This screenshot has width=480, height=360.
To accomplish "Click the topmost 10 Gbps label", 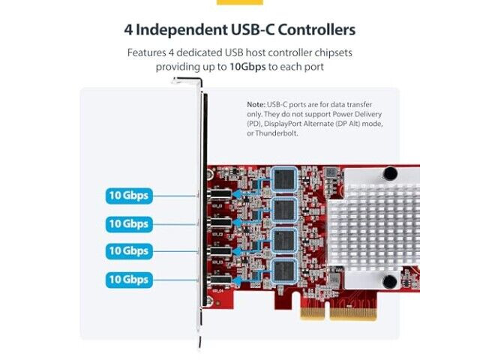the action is (x=129, y=196).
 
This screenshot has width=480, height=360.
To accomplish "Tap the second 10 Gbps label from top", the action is (x=129, y=224).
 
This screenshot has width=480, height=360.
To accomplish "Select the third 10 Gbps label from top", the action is (x=129, y=251).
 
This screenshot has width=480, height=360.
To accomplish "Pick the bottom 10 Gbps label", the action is (x=129, y=280).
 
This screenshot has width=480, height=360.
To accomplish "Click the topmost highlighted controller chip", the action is (x=284, y=180).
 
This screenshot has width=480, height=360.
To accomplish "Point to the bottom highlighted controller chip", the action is (x=284, y=271).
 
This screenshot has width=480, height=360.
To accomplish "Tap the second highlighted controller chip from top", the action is (x=284, y=210).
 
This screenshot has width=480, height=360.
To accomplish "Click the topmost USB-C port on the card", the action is (x=220, y=194).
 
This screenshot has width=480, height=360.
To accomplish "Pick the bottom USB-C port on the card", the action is (x=220, y=280).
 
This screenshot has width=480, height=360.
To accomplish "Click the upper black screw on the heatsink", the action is (x=390, y=173).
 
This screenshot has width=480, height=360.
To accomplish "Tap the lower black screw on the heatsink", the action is (x=390, y=282).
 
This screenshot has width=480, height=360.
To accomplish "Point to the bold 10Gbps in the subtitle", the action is (x=247, y=67).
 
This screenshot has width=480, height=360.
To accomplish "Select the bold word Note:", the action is (x=256, y=105).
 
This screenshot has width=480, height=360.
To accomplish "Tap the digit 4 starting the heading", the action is (x=128, y=30).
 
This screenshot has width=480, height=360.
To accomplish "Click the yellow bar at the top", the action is (x=240, y=2).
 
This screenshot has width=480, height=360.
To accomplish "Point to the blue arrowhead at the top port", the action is (x=236, y=194).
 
